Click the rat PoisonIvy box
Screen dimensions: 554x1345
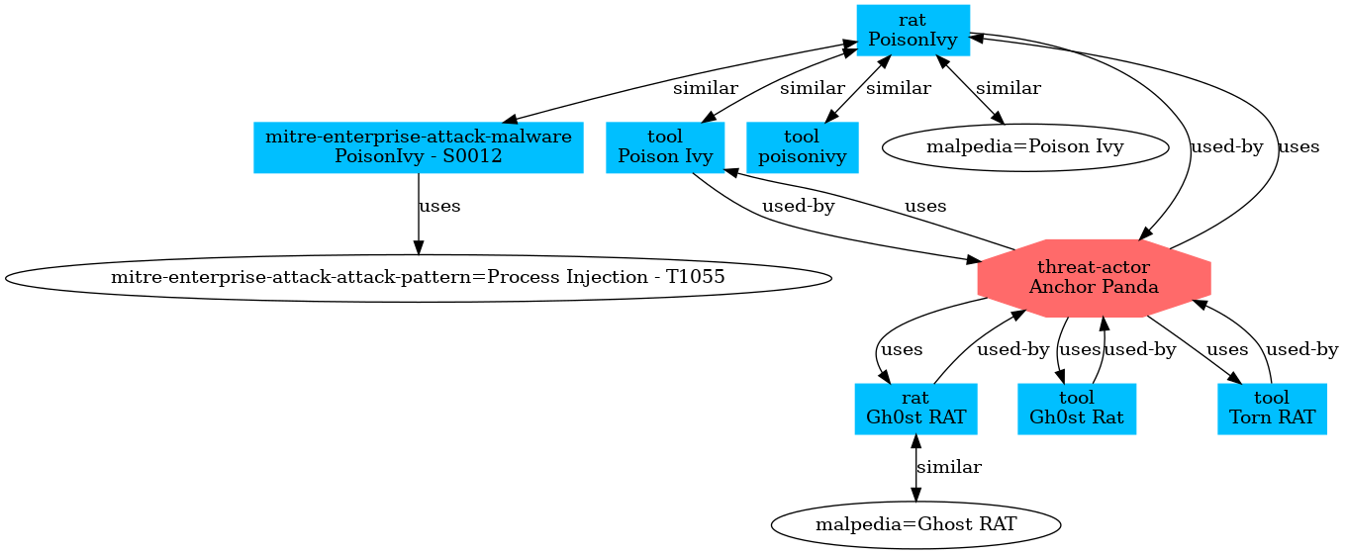[913, 30]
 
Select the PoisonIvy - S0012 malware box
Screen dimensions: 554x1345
[419, 147]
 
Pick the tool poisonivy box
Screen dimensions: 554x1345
[802, 147]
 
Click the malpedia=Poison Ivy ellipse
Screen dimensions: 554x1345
[1024, 147]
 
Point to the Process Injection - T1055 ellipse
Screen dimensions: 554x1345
[418, 278]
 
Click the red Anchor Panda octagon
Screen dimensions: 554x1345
[1094, 278]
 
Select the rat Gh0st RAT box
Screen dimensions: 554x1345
[915, 408]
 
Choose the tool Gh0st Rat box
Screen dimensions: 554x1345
[1077, 408]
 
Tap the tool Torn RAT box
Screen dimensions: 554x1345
[1272, 408]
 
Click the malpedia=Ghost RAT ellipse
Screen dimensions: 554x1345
[915, 524]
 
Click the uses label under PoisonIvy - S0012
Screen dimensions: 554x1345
[439, 207]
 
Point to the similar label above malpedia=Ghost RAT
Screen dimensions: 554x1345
[949, 467]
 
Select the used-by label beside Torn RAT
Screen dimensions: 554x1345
[1302, 349]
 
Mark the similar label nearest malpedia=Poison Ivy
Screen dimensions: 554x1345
[1009, 88]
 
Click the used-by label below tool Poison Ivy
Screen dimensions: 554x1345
[798, 207]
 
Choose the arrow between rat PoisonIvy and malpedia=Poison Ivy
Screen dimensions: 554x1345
[970, 89]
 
